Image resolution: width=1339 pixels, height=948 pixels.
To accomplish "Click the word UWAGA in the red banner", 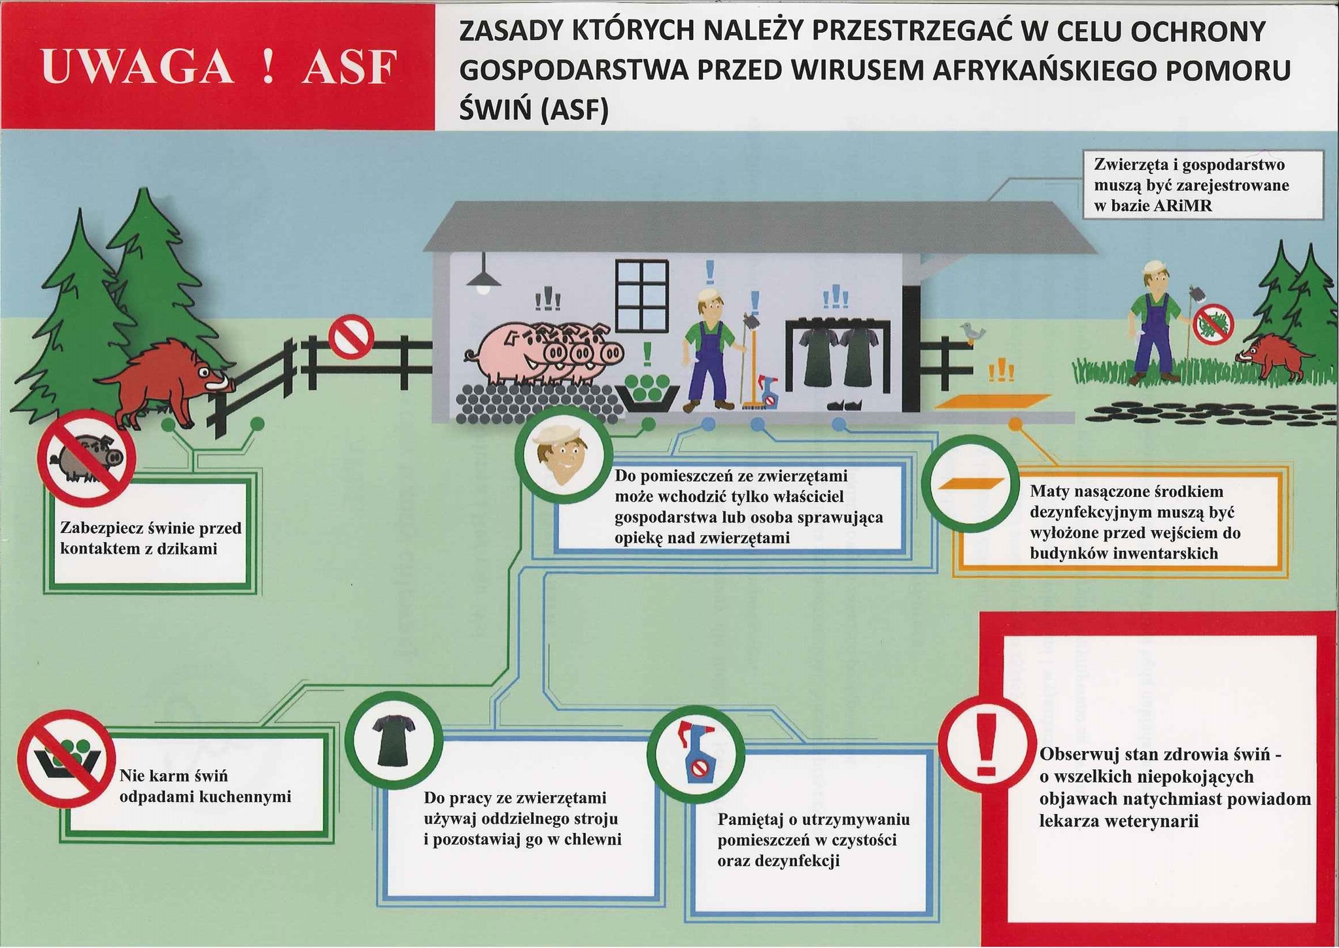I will coord(137,67).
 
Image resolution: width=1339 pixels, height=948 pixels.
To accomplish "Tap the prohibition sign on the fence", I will coord(350,337).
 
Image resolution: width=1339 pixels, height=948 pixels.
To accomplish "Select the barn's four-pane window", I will coord(641,296).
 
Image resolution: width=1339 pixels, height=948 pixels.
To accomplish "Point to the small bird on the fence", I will coord(973,332).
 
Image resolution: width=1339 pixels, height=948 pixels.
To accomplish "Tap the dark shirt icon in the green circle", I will coord(394,740).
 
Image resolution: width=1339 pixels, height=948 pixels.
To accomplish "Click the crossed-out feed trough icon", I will coord(66,758).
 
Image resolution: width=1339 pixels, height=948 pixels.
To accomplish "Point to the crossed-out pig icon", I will coord(86,458).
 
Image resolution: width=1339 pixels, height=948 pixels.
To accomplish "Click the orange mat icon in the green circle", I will coord(971,484).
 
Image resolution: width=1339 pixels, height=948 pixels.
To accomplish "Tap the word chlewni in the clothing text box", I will coord(592,839).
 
